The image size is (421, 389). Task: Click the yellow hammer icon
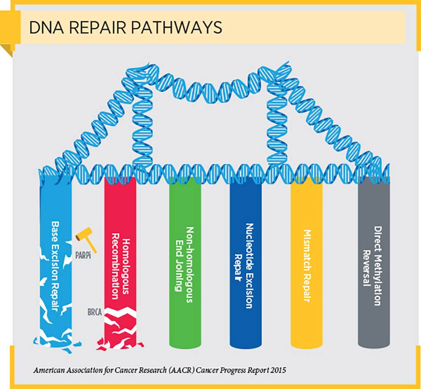tap(86, 239)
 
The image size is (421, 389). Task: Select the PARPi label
tap(83, 255)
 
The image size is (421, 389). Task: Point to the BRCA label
tap(95, 312)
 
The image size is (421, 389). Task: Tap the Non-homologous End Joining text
tap(185, 265)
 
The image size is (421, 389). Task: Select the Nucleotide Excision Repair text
tap(245, 266)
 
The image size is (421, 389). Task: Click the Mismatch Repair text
tap(307, 266)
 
